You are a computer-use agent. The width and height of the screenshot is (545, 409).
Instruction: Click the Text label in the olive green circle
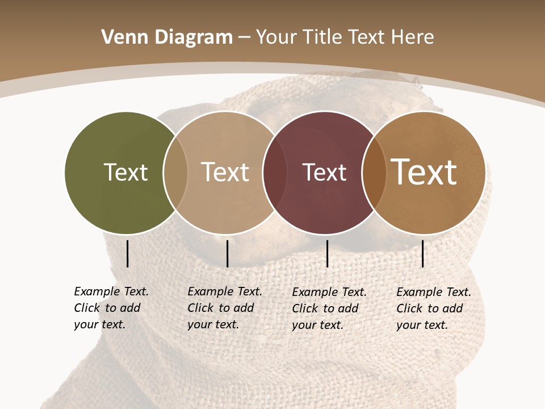(125, 172)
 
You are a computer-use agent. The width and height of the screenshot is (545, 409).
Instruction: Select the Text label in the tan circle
(225, 172)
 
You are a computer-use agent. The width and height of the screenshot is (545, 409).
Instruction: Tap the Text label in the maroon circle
(324, 172)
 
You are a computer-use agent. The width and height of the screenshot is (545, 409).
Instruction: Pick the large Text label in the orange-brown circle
(424, 172)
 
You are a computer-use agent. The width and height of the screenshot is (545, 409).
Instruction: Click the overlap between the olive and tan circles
(175, 173)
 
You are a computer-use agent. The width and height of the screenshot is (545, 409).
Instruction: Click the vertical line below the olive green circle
(128, 253)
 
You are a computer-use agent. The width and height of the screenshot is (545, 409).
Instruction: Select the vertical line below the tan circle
(227, 253)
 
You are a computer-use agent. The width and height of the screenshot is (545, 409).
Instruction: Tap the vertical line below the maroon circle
(327, 253)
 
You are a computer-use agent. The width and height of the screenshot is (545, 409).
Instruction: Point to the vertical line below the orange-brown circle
(423, 253)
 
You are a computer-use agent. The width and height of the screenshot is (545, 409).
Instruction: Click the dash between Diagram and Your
(244, 37)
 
